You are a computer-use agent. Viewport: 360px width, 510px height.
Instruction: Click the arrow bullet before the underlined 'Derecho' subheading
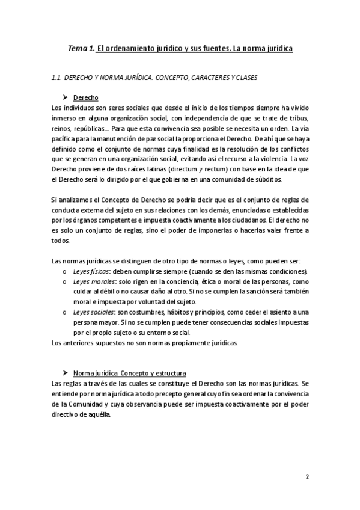[x=66, y=97]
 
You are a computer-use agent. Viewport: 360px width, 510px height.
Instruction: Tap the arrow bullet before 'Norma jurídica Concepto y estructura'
[x=66, y=373]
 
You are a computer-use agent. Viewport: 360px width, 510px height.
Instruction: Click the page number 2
[x=307, y=478]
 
